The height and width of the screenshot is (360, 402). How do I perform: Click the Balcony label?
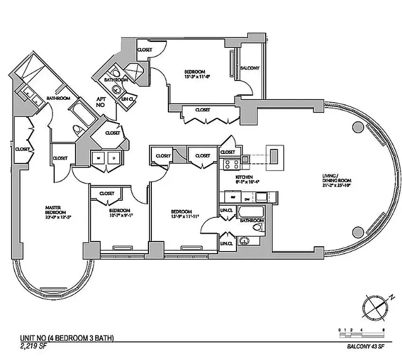point(249,68)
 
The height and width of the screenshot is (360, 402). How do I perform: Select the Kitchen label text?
point(244,177)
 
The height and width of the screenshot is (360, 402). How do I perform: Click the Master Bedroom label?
point(55,210)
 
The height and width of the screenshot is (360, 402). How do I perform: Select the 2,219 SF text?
point(35,346)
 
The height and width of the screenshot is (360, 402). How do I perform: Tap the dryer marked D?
point(113,158)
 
